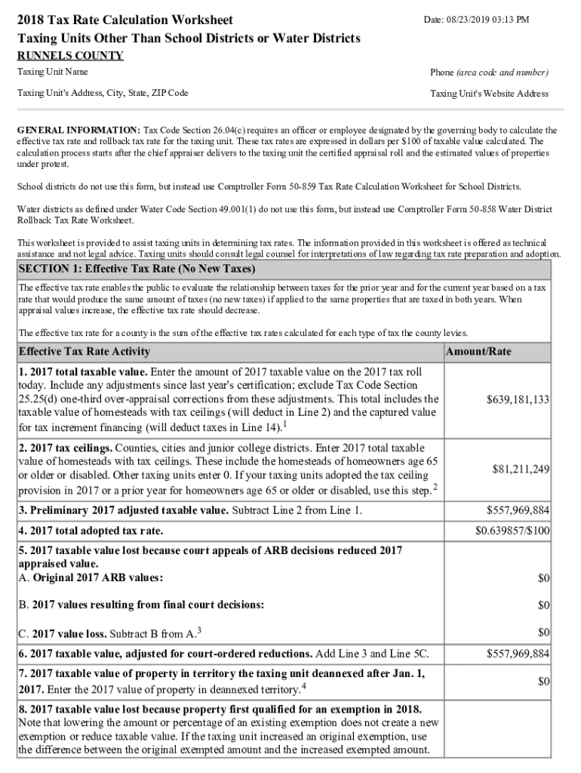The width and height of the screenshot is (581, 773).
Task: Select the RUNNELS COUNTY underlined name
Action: coord(70,56)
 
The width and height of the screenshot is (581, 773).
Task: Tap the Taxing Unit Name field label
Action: coord(52,72)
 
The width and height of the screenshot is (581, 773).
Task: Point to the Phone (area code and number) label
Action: coord(489,72)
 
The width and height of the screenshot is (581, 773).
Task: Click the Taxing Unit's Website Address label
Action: coord(489,94)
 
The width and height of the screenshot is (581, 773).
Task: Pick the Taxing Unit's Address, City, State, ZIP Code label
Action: coord(103,93)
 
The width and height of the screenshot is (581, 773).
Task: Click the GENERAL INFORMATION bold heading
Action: coord(78,130)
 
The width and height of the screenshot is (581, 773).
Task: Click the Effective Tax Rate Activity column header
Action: coord(84,352)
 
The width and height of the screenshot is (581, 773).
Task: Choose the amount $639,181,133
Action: coord(518,399)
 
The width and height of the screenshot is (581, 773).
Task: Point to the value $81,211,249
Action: coord(521,470)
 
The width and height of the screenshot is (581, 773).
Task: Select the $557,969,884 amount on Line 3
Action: coord(518,510)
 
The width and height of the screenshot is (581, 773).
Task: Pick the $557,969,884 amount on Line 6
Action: coord(518,653)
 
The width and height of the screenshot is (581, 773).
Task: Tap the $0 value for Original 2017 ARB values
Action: coord(543,578)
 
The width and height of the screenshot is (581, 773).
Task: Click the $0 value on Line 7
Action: coord(543,682)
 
